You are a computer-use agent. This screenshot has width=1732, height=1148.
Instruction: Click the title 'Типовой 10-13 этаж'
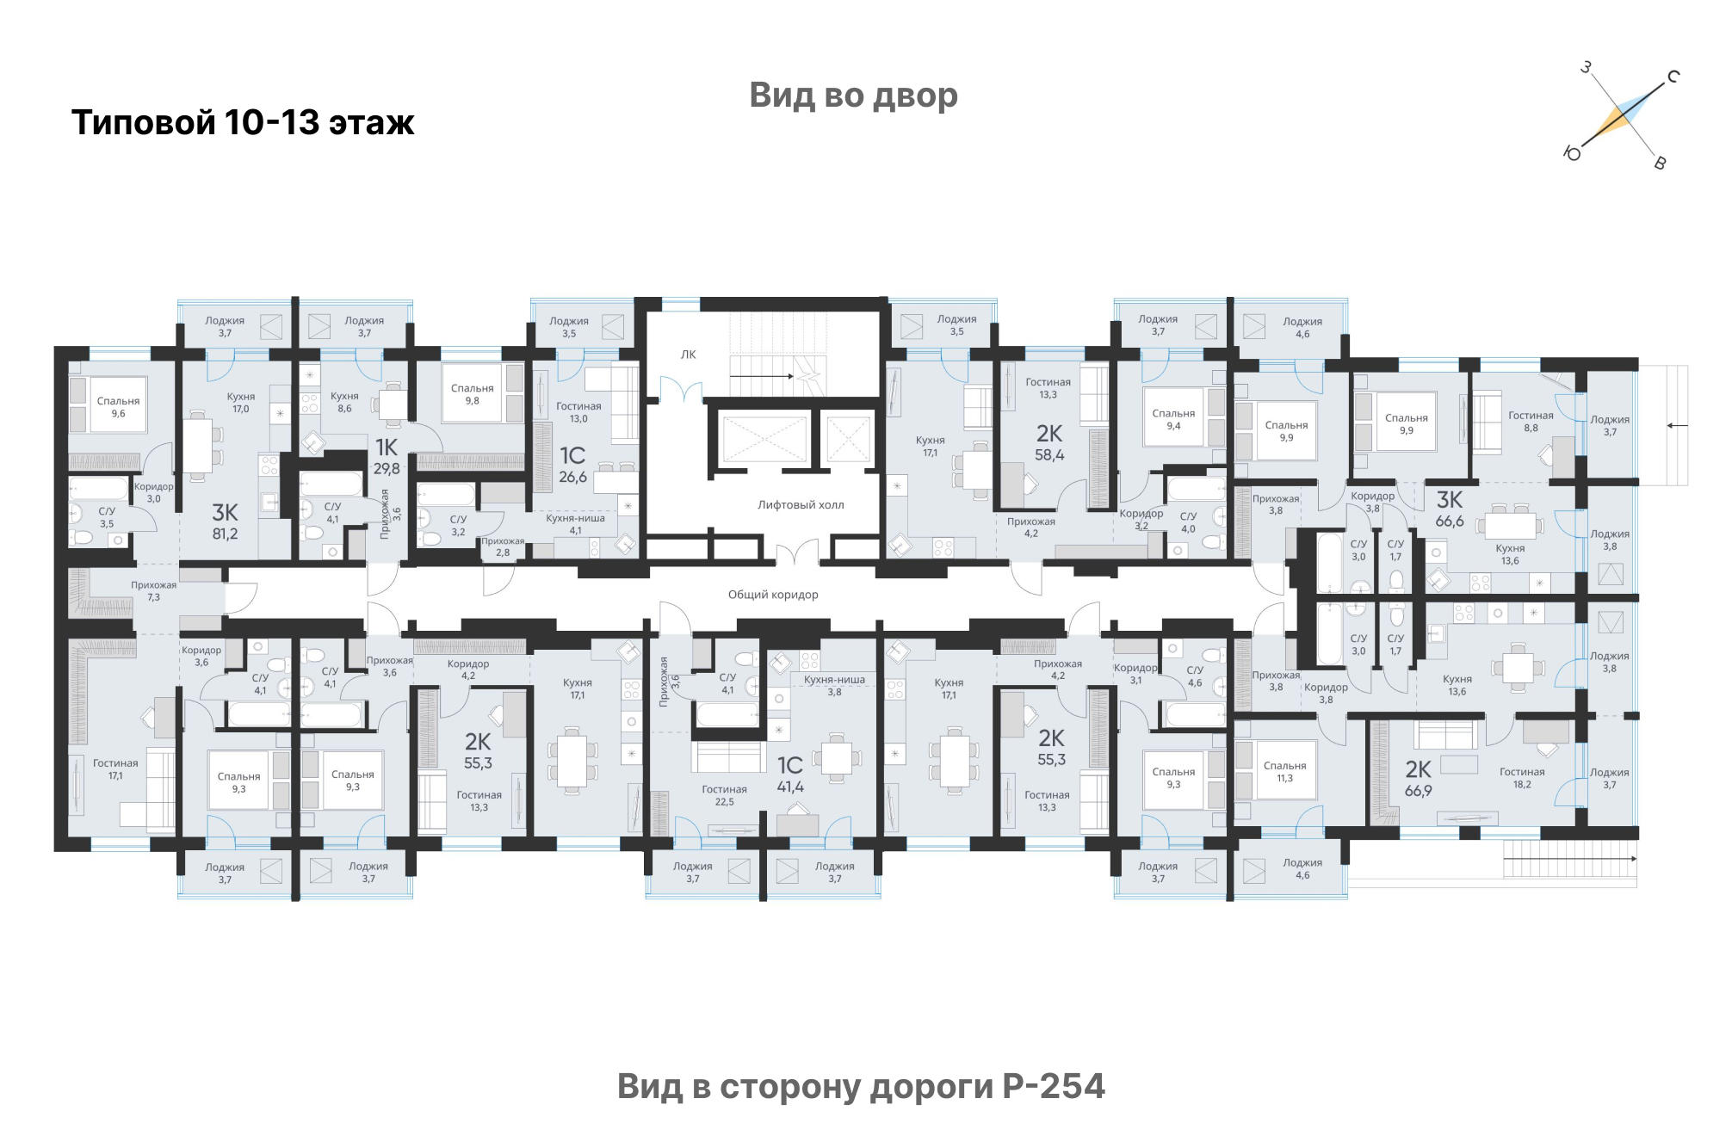pyautogui.click(x=243, y=123)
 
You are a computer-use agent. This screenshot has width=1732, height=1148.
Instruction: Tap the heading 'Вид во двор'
pyautogui.click(x=853, y=96)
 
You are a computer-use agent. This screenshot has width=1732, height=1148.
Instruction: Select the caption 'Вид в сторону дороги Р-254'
pyautogui.click(x=861, y=1086)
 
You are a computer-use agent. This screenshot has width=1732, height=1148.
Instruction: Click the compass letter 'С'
pyautogui.click(x=1673, y=77)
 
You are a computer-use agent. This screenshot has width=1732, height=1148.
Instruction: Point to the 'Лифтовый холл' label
pyautogui.click(x=801, y=505)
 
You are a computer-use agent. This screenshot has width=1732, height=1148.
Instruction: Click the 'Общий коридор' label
pyautogui.click(x=773, y=595)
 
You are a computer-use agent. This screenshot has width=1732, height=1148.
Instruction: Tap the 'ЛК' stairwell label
pyautogui.click(x=688, y=355)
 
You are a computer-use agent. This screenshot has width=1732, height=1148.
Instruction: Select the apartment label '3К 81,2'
pyautogui.click(x=225, y=522)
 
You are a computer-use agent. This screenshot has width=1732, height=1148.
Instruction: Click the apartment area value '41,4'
pyautogui.click(x=790, y=787)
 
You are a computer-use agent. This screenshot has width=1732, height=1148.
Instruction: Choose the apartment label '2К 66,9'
pyautogui.click(x=1419, y=779)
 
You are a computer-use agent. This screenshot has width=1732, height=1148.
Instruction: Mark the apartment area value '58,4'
pyautogui.click(x=1049, y=455)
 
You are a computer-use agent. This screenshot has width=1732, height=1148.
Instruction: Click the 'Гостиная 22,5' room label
pyautogui.click(x=724, y=795)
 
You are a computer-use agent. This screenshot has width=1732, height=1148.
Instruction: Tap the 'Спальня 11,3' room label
pyautogui.click(x=1284, y=772)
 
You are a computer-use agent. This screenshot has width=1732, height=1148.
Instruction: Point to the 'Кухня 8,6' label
pyautogui.click(x=344, y=403)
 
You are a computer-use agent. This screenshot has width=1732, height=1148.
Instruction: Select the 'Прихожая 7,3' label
pyautogui.click(x=153, y=591)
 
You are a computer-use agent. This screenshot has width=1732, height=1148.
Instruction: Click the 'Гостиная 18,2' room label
pyautogui.click(x=1522, y=778)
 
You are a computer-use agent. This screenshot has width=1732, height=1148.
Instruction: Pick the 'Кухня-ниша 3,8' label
pyautogui.click(x=834, y=686)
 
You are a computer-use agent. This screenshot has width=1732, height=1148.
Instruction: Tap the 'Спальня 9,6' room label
pyautogui.click(x=118, y=407)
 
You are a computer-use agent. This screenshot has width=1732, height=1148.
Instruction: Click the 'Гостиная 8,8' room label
pyautogui.click(x=1531, y=422)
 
